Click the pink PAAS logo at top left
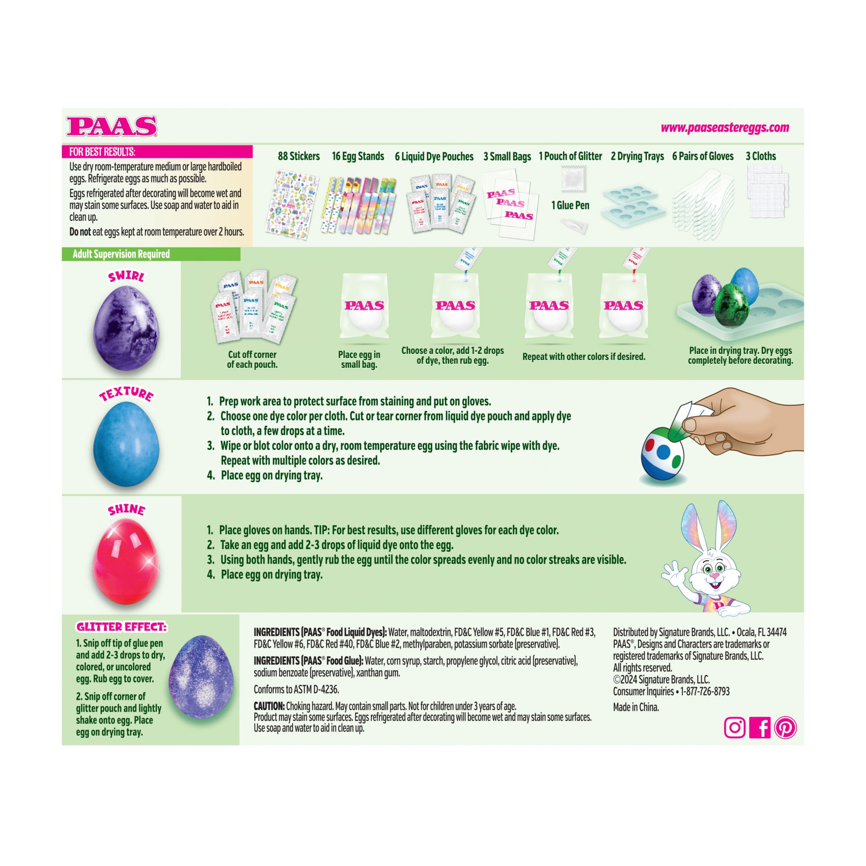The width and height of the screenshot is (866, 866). click(112, 126)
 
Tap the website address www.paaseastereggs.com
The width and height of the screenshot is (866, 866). click(725, 128)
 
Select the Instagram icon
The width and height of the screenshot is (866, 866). click(735, 727)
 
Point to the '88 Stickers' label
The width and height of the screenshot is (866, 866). click(298, 156)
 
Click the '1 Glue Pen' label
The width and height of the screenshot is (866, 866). click(570, 205)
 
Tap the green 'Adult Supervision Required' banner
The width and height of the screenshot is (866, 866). click(151, 254)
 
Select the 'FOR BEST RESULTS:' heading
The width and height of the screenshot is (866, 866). click(102, 152)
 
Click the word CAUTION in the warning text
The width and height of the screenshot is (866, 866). click(269, 705)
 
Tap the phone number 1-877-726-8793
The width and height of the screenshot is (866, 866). click(705, 692)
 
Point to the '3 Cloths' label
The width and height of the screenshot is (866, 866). click(761, 156)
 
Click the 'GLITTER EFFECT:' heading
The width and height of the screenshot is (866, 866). click(122, 627)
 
